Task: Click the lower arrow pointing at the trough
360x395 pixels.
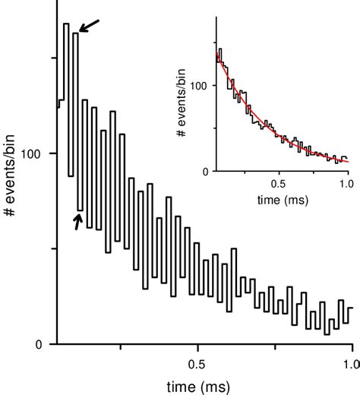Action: (77, 220)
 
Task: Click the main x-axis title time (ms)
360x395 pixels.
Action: (198, 386)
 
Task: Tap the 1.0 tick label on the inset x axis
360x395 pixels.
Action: (346, 182)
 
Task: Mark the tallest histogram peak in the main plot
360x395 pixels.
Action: (66, 24)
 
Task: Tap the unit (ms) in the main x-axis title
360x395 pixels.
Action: (216, 386)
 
